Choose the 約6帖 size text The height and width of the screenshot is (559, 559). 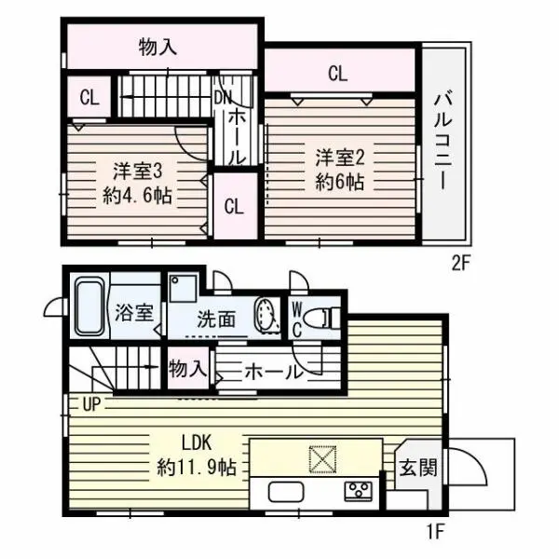pyautogui.click(x=337, y=182)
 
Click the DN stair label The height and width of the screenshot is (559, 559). pyautogui.click(x=225, y=97)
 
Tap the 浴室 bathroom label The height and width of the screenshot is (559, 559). pyautogui.click(x=136, y=312)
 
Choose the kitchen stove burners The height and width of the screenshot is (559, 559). pyautogui.click(x=359, y=490)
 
